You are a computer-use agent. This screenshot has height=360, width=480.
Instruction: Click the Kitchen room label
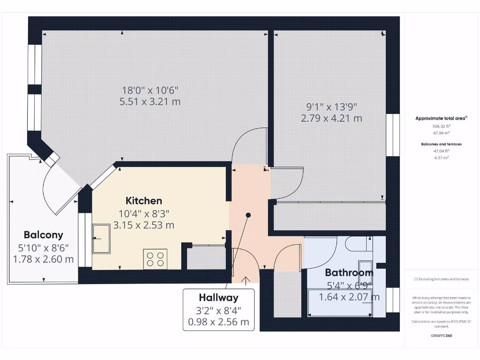pyautogui.click(x=143, y=201)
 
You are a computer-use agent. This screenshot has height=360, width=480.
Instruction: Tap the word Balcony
pyautogui.click(x=43, y=235)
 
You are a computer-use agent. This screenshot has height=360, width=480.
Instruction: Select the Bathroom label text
pyautogui.click(x=349, y=272)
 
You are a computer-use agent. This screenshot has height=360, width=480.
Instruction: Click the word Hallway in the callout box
pyautogui.click(x=218, y=297)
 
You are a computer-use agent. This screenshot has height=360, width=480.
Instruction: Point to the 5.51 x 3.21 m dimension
pyautogui.click(x=150, y=101)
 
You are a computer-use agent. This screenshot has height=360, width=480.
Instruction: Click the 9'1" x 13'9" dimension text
pyautogui.click(x=331, y=106)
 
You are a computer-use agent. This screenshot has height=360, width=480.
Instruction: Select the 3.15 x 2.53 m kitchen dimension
pyautogui.click(x=143, y=225)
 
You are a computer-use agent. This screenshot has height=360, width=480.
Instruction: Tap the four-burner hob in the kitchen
pyautogui.click(x=155, y=259)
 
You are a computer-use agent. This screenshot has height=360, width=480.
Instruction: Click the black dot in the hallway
pyautogui.click(x=248, y=215)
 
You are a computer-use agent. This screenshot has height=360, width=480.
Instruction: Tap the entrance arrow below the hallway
pyautogui.click(x=246, y=280)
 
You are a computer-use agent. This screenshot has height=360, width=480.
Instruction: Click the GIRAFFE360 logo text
pyautogui.click(x=441, y=336)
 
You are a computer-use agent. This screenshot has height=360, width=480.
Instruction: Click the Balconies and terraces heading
pyautogui.click(x=441, y=144)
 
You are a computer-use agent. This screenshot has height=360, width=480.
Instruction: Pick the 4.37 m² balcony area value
pyautogui.click(x=441, y=157)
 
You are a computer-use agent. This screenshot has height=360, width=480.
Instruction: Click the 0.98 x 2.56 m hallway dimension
pyautogui.click(x=218, y=322)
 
